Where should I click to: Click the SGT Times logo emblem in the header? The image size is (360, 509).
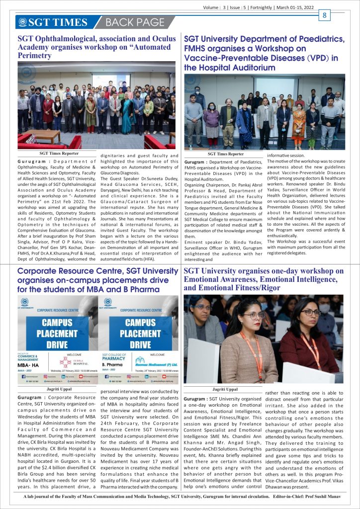point(22,22)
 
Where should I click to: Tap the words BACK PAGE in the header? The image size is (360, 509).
point(135,22)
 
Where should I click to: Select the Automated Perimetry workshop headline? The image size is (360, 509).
point(96,47)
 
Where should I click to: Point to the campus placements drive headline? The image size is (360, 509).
point(97,280)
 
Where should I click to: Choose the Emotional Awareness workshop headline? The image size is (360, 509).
point(264,279)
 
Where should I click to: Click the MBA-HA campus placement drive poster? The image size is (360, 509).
point(58,339)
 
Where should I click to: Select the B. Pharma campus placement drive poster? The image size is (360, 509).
point(138,339)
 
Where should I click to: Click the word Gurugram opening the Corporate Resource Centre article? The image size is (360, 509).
point(29,399)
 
